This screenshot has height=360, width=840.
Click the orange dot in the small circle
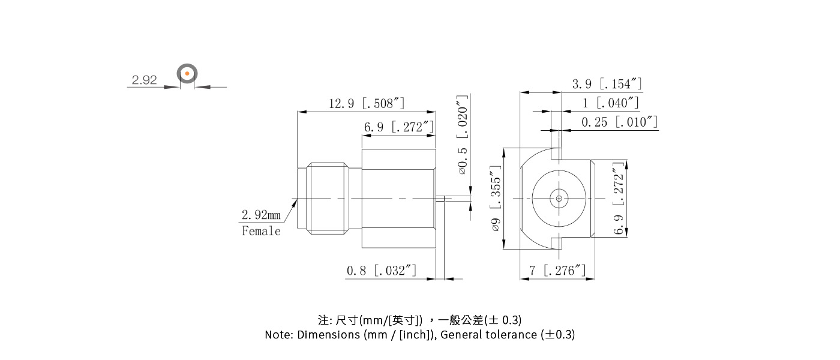pyautogui.click(x=187, y=74)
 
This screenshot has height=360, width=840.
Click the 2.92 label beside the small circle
pyautogui.click(x=144, y=80)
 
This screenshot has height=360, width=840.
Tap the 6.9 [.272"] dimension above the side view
pyautogui.click(x=398, y=127)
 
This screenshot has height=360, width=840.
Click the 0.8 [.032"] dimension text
pyautogui.click(x=381, y=271)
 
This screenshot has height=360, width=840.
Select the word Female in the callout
pyautogui.click(x=261, y=231)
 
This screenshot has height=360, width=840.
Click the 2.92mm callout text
pyautogui.click(x=261, y=215)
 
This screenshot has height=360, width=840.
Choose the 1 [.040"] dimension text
pyautogui.click(x=610, y=103)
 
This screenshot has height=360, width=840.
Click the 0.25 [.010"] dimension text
pyautogui.click(x=620, y=122)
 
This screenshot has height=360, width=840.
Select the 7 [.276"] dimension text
pyautogui.click(x=557, y=271)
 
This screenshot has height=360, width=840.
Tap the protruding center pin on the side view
pyautogui.click(x=440, y=198)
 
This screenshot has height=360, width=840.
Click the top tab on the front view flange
pyautogui.click(x=557, y=154)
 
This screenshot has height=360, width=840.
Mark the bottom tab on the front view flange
pyautogui.click(x=557, y=243)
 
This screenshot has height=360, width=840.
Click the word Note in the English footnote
pyautogui.click(x=278, y=335)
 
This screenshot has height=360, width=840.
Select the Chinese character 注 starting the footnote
pyautogui.click(x=322, y=319)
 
